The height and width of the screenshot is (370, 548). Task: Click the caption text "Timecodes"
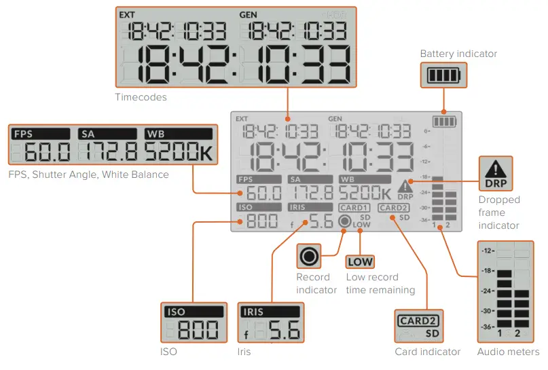pyautogui.click(x=141, y=97)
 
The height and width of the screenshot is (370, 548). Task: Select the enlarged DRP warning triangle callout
pyautogui.click(x=495, y=174)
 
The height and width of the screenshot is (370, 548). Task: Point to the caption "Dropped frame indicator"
pyautogui.click(x=499, y=212)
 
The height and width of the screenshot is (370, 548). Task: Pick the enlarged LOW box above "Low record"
pyautogui.click(x=360, y=262)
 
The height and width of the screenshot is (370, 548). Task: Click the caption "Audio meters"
pyautogui.click(x=508, y=352)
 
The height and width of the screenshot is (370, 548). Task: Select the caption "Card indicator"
pyautogui.click(x=428, y=352)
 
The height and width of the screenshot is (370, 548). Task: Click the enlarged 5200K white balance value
pyautogui.click(x=178, y=153)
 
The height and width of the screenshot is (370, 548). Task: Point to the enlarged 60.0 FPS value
pyautogui.click(x=42, y=153)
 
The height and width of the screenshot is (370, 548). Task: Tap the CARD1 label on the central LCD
pyautogui.click(x=354, y=207)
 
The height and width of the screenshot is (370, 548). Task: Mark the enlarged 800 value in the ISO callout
pyautogui.click(x=198, y=331)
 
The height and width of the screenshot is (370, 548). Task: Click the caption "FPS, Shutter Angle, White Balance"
pyautogui.click(x=88, y=174)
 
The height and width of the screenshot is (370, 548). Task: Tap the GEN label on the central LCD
pyautogui.click(x=335, y=118)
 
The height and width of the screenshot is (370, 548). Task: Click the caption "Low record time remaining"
pyautogui.click(x=380, y=283)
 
